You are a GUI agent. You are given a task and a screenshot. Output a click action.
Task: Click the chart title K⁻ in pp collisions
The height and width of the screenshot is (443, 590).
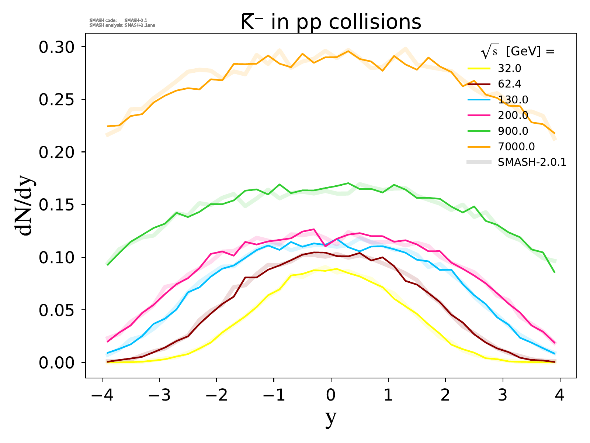click(331, 22)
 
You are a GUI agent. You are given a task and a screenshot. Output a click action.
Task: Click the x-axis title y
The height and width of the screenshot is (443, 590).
click(331, 418)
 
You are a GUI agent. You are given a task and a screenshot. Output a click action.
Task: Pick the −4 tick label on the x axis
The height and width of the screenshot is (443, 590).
click(102, 396)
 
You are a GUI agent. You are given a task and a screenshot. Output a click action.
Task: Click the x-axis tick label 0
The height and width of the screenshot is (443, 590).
click(331, 396)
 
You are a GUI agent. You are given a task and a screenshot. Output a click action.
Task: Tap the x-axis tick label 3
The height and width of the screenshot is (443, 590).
click(503, 396)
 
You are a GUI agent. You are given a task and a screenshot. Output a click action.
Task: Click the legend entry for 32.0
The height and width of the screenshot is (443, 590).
click(509, 68)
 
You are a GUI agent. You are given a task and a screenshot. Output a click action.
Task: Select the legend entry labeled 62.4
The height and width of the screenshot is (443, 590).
click(509, 84)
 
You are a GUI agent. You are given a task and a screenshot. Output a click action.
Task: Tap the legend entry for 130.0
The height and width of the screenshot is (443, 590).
click(513, 100)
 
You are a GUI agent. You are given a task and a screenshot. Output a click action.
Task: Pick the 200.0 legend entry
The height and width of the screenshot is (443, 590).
click(513, 116)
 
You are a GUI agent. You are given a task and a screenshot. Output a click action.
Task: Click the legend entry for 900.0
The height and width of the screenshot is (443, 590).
click(513, 131)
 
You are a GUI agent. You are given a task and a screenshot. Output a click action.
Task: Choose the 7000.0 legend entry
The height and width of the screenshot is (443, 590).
click(516, 147)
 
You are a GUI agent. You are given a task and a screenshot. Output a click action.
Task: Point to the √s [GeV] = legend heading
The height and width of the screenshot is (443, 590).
click(518, 52)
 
